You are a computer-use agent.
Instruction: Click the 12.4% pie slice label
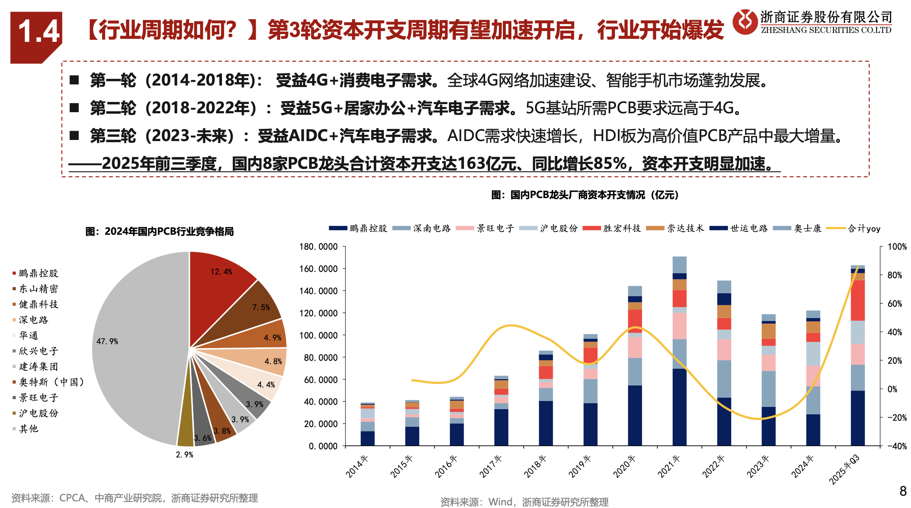click(221, 272)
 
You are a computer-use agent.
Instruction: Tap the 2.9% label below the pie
click(184, 455)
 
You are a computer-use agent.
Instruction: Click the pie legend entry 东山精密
click(38, 289)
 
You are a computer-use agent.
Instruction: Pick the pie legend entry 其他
click(29, 429)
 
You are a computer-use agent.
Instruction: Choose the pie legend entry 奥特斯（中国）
click(52, 382)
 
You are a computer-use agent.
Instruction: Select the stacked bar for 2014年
click(367, 424)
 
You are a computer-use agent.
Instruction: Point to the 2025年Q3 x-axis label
click(844, 469)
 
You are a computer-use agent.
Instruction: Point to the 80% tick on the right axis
click(895, 275)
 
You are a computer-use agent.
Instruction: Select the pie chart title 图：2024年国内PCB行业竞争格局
click(159, 231)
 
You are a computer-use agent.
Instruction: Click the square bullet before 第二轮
click(74, 108)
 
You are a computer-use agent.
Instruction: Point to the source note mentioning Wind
click(524, 502)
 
